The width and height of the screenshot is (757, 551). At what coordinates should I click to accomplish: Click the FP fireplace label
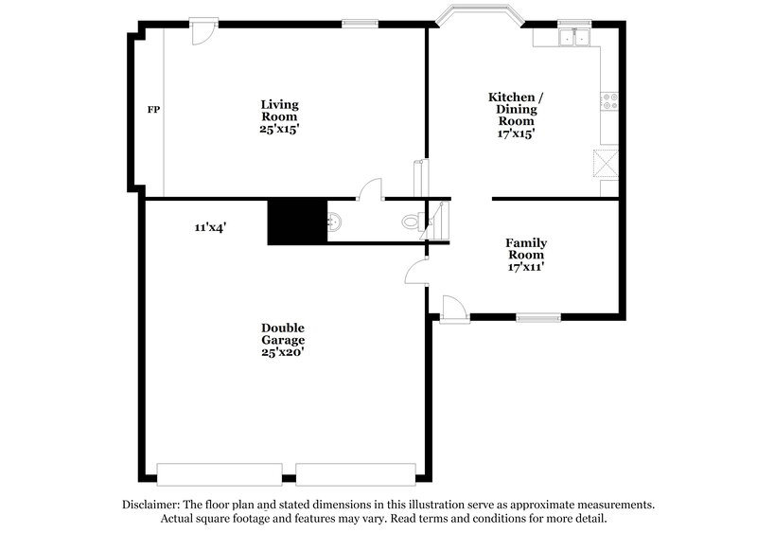(152, 111)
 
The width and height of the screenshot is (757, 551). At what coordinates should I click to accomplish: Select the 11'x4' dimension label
(210, 227)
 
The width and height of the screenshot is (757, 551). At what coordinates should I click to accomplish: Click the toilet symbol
(410, 222)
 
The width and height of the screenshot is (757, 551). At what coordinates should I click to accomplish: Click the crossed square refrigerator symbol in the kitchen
(606, 162)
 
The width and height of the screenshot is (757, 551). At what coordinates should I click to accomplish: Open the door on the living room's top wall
(202, 31)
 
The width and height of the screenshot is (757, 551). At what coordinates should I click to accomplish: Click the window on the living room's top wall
(354, 24)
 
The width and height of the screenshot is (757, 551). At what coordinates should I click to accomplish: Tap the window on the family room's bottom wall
(538, 316)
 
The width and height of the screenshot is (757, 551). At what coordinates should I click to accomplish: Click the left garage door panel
(220, 472)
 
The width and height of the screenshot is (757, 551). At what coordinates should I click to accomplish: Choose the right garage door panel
(356, 472)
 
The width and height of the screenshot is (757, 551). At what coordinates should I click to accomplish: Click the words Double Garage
(283, 333)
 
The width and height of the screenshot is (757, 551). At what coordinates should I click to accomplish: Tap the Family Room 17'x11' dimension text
(525, 267)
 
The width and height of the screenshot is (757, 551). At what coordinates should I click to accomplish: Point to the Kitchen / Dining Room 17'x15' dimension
(516, 133)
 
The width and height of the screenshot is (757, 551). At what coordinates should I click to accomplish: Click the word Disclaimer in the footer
(154, 505)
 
